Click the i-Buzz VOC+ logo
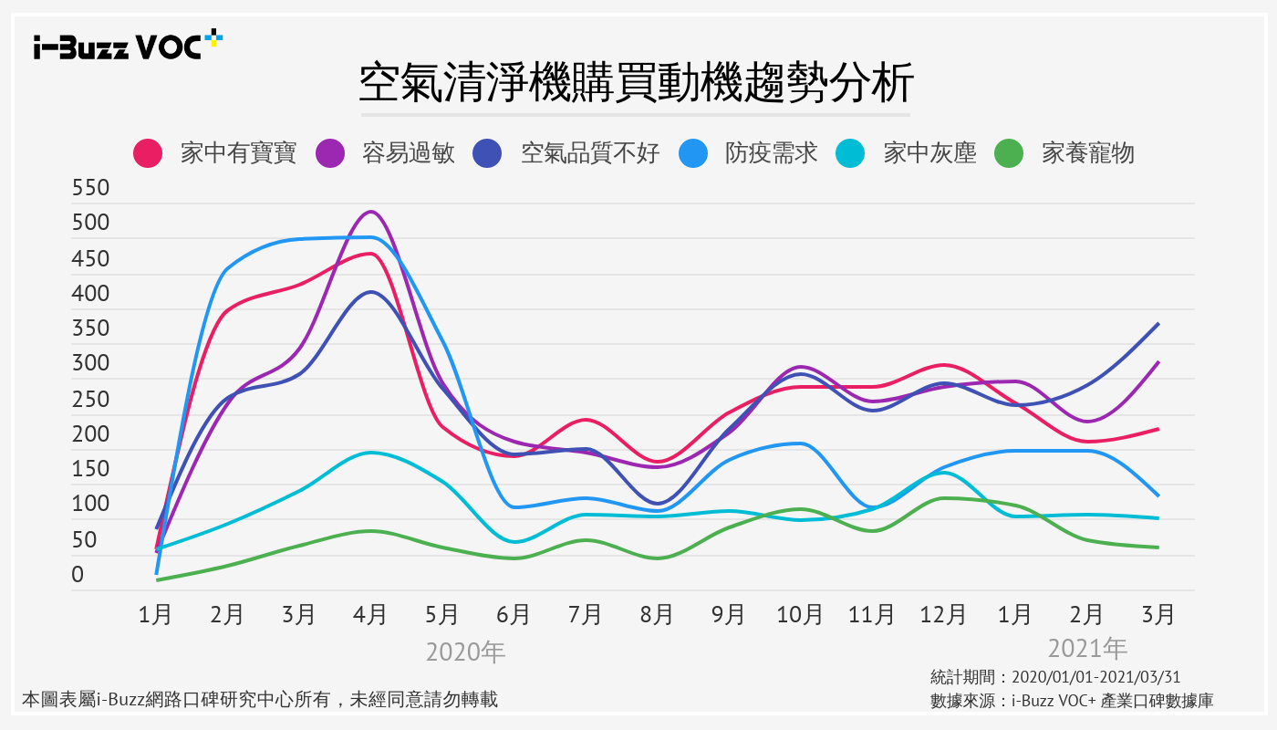pos(128,46)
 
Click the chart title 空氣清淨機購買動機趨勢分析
pos(636,83)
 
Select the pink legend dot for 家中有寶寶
pos(148,153)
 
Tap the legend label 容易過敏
pos(408,153)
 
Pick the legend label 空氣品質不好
pos(590,153)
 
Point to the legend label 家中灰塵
pos(929,153)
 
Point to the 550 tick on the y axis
pos(90,189)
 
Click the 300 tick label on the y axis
pos(90,364)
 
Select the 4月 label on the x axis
pos(370,615)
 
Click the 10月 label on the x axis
pos(800,615)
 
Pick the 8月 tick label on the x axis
pos(657,615)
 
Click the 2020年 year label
pos(465,652)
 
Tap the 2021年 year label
pos(1087,649)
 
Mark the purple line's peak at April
pos(370,212)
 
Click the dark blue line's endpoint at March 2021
pos(1158,324)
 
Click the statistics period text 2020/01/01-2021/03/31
pos(1055,677)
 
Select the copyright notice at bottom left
pos(260,700)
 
